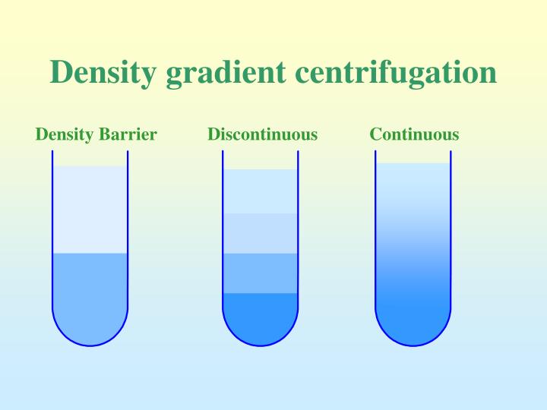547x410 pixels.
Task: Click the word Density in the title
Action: (103, 74)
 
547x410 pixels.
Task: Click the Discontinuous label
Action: (262, 135)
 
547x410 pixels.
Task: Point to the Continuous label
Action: (414, 135)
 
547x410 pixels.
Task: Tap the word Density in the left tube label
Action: (63, 135)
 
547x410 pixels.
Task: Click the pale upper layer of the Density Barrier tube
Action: (90, 209)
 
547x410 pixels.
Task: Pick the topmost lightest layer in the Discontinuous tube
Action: (260, 191)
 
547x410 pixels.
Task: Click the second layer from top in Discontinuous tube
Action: (260, 233)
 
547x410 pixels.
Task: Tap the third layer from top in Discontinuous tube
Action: (260, 273)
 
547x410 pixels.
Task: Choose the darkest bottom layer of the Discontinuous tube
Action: (260, 315)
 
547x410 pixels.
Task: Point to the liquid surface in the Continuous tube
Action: (413, 164)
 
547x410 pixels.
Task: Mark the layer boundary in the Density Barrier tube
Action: (90, 253)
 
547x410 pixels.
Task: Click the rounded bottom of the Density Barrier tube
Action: (90, 331)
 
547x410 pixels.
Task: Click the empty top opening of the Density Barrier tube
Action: (90, 158)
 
